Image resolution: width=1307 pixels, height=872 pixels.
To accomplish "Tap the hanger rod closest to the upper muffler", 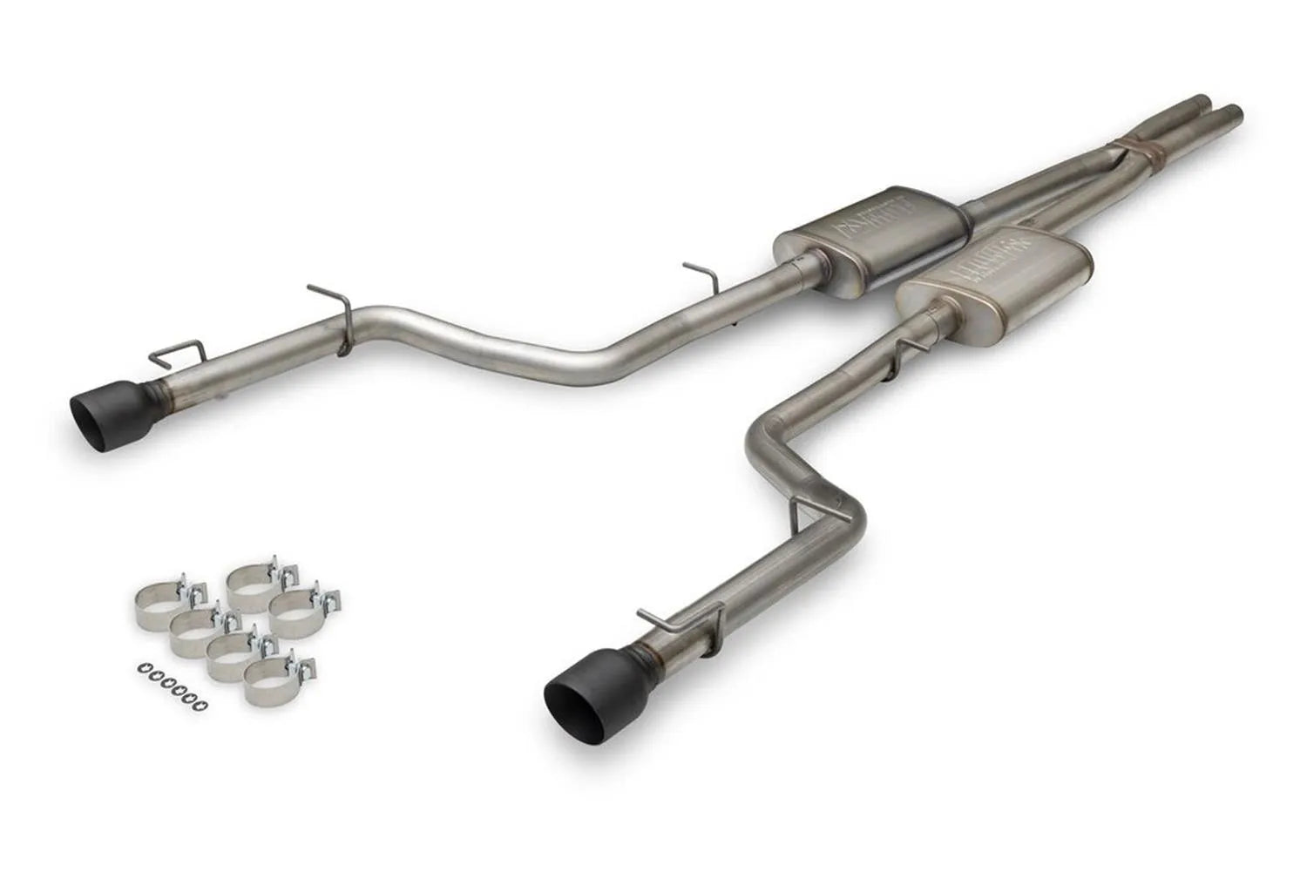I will click(702, 272).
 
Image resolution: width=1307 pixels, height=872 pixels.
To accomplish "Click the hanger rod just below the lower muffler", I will click(906, 353).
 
